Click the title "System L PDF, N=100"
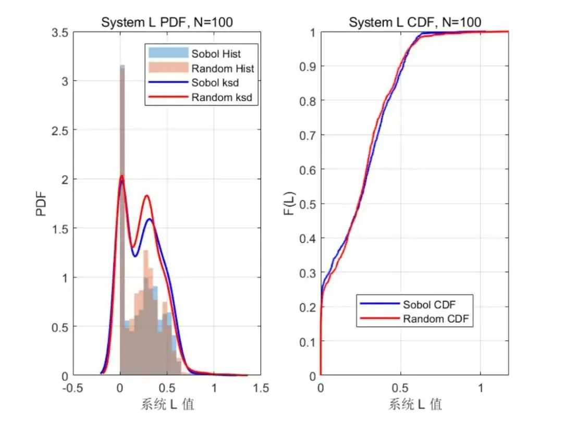click(166, 22)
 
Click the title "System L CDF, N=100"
click(414, 22)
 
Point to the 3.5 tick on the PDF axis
click(60, 32)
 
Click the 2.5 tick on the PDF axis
click(60, 130)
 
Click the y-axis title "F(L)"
click(290, 204)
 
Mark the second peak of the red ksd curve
click(146, 196)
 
